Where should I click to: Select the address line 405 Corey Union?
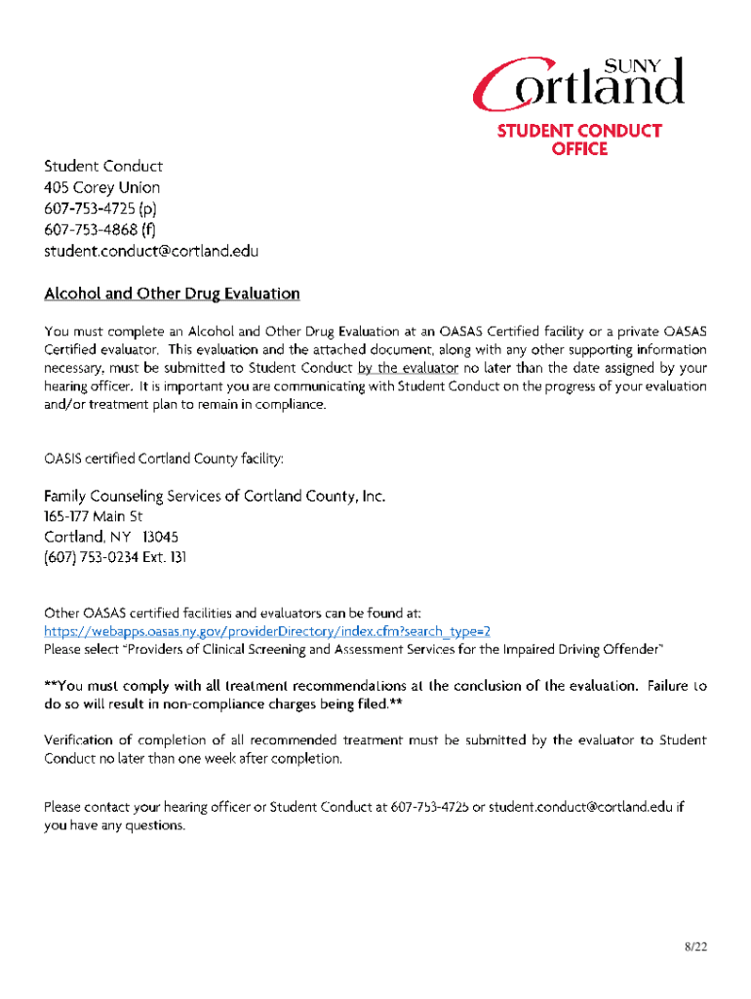click(x=101, y=187)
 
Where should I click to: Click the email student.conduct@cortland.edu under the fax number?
click(x=151, y=251)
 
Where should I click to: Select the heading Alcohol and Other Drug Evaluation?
click(x=172, y=294)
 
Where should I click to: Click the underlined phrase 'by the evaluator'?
click(x=408, y=368)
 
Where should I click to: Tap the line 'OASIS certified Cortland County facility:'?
click(x=163, y=458)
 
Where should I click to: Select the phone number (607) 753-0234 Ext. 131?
click(x=115, y=558)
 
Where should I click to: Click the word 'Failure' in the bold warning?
click(x=669, y=685)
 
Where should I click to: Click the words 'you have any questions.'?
click(x=114, y=825)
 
